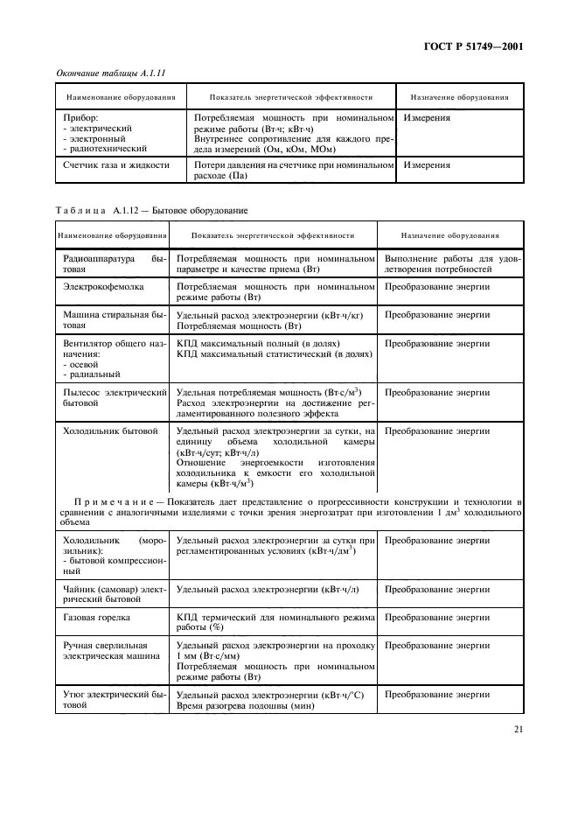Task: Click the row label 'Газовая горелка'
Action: [x=99, y=616]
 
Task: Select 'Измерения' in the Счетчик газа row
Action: [x=428, y=164]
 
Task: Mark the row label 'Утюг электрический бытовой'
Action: [x=110, y=699]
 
